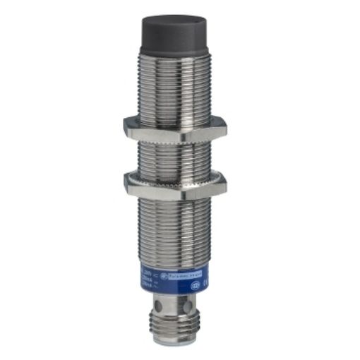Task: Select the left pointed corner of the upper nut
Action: point(124,127)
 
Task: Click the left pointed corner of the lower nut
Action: point(126,184)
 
